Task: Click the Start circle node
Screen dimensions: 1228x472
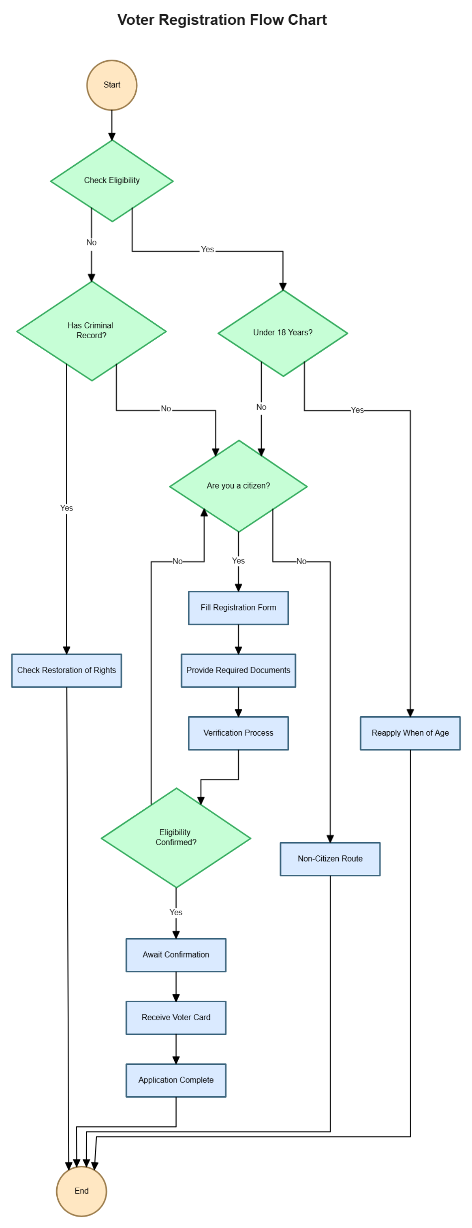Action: tap(112, 85)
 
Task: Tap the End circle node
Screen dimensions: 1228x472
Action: tap(81, 1190)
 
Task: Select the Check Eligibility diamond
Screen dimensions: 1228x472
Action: tap(112, 180)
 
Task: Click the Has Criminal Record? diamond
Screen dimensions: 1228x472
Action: tap(91, 331)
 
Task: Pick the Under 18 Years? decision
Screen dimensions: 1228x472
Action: tap(283, 333)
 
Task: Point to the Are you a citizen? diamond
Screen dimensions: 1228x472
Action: tap(238, 486)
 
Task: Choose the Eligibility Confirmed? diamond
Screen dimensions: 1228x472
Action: tap(176, 837)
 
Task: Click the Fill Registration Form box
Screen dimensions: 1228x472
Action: tap(238, 608)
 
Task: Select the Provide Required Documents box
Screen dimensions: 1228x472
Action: tap(238, 670)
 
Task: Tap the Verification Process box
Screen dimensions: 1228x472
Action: tap(238, 733)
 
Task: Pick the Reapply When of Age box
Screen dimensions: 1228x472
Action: tap(410, 733)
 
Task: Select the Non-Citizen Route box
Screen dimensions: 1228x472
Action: tap(330, 859)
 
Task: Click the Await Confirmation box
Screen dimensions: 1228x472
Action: tap(176, 955)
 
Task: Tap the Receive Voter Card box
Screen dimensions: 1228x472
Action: tap(176, 1017)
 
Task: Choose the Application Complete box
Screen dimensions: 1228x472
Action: tap(176, 1080)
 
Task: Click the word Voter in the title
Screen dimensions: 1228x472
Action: tap(136, 20)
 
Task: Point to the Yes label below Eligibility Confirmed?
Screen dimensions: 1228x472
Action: tap(176, 912)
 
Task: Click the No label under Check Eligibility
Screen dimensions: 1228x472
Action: tap(92, 242)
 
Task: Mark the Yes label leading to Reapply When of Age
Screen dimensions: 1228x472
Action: tap(357, 410)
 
